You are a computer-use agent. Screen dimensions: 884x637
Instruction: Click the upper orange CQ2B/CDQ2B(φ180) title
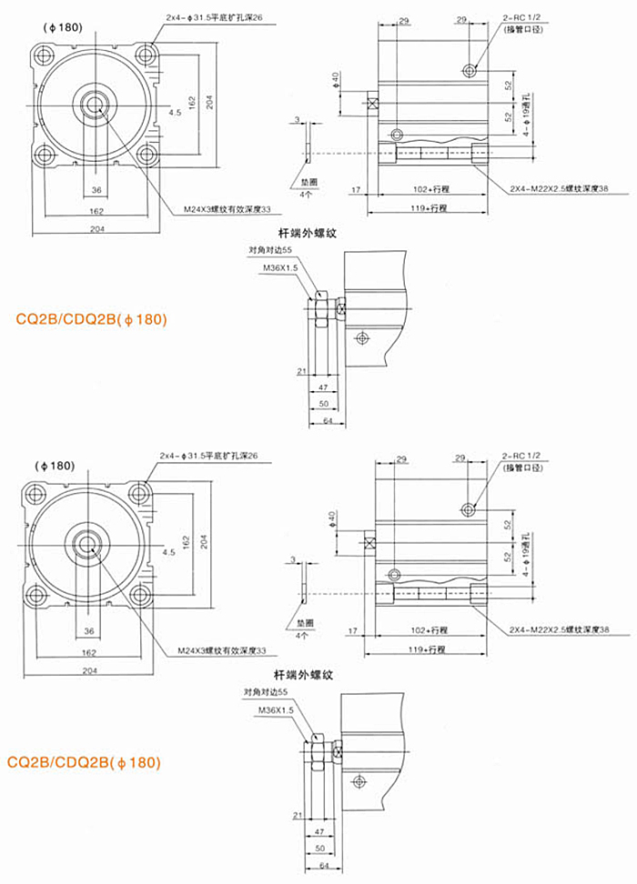coord(91,319)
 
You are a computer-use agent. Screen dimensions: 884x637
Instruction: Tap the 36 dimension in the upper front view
coord(96,190)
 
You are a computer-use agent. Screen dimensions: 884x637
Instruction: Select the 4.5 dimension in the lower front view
coord(169,552)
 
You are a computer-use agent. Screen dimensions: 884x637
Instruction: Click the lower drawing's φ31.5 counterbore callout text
coord(210,455)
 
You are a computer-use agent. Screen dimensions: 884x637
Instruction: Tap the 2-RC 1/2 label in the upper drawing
coord(521,18)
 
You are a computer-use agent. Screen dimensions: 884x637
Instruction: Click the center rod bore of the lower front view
coord(88,546)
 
